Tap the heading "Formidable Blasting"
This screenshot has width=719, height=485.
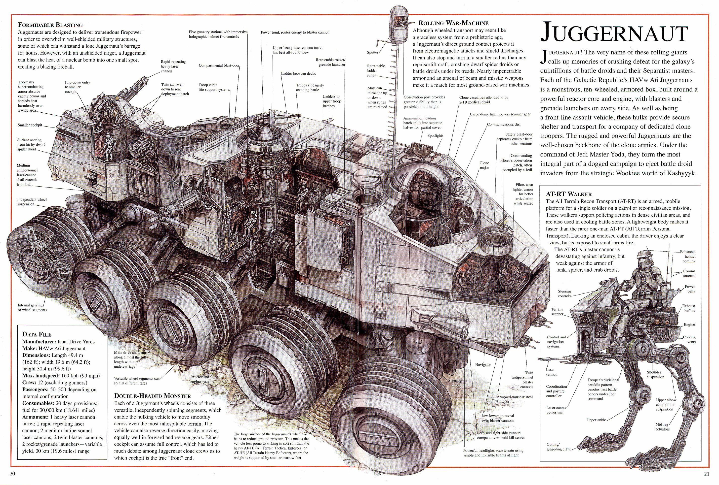click(x=50, y=25)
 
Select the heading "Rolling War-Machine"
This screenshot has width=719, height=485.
click(x=453, y=23)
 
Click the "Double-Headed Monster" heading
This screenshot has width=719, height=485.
click(x=152, y=396)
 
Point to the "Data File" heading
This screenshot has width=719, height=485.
click(x=37, y=334)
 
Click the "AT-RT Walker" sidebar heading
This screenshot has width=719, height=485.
click(x=569, y=194)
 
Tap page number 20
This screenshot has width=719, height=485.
click(x=13, y=474)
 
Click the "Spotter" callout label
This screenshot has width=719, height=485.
click(x=373, y=52)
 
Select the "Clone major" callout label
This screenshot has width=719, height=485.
click(x=484, y=165)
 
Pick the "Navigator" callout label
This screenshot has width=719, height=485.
click(x=483, y=365)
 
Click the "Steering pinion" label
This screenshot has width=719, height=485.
click(x=455, y=383)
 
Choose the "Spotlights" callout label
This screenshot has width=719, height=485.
click(x=435, y=136)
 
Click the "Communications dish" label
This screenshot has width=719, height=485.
click(x=504, y=124)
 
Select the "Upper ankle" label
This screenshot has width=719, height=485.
click(x=596, y=420)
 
